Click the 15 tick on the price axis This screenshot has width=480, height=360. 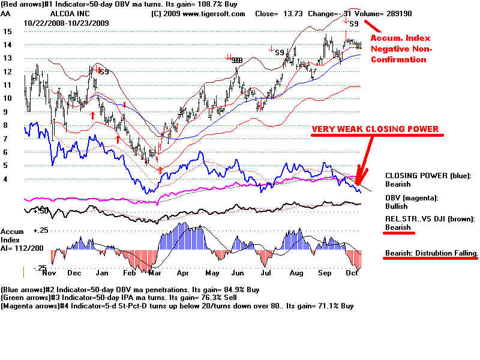click(7, 31)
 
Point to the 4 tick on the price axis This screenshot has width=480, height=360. click(6, 179)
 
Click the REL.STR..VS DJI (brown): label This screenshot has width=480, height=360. click(430, 220)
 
